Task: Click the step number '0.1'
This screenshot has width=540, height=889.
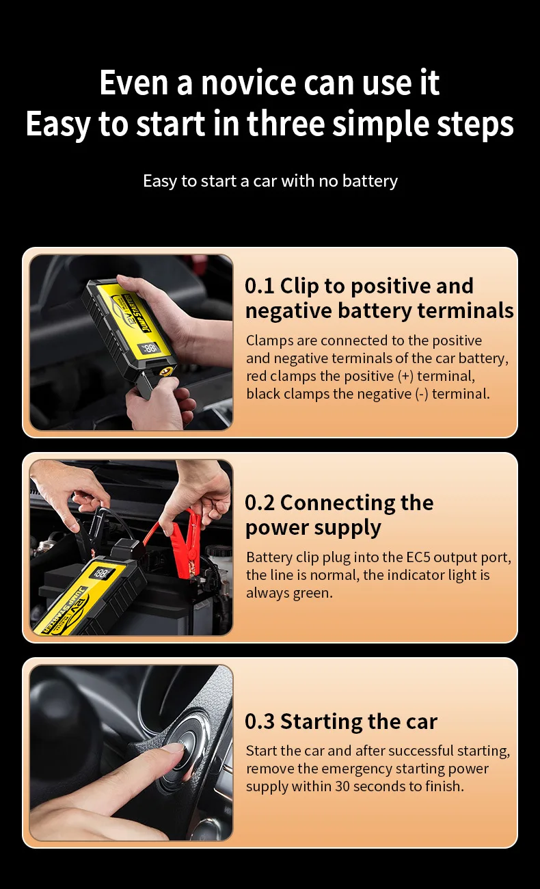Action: coord(260,286)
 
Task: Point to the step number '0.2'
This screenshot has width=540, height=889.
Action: coord(260,503)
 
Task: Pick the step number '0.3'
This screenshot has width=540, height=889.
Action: coord(260,721)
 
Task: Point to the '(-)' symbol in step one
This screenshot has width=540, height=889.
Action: coord(422,394)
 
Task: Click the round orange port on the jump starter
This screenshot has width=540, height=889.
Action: coord(165,372)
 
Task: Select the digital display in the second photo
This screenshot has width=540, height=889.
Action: coord(102,573)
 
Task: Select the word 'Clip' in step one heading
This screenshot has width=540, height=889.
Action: coord(299,287)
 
